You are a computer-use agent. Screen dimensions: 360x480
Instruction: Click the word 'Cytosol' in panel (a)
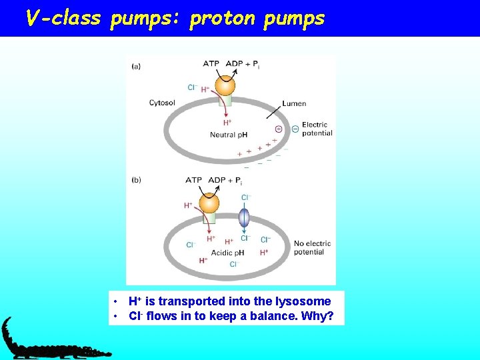click(x=162, y=103)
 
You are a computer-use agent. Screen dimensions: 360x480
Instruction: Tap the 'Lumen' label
click(x=294, y=103)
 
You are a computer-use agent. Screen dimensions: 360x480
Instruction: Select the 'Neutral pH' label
click(x=229, y=135)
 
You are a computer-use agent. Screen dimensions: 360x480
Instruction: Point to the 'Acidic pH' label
click(x=228, y=253)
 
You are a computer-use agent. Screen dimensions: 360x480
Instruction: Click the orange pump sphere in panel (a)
click(x=226, y=86)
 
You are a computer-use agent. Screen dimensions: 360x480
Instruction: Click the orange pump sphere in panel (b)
click(x=209, y=203)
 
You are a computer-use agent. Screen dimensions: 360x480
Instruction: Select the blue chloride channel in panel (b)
click(x=244, y=218)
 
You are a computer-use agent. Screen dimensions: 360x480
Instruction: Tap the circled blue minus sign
click(x=295, y=129)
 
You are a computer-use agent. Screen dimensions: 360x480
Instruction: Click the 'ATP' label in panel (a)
click(x=211, y=64)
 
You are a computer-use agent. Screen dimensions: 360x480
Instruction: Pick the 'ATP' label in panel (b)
click(x=193, y=180)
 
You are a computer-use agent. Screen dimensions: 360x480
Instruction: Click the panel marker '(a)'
click(x=137, y=65)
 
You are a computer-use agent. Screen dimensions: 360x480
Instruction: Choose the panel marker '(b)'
click(x=137, y=180)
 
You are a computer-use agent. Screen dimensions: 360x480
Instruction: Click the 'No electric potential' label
click(x=312, y=247)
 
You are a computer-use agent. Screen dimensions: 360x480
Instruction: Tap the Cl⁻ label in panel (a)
click(x=192, y=87)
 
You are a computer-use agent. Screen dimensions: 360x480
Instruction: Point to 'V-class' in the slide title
click(x=63, y=18)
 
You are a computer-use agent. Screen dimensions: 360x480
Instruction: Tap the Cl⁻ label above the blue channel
click(x=245, y=197)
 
